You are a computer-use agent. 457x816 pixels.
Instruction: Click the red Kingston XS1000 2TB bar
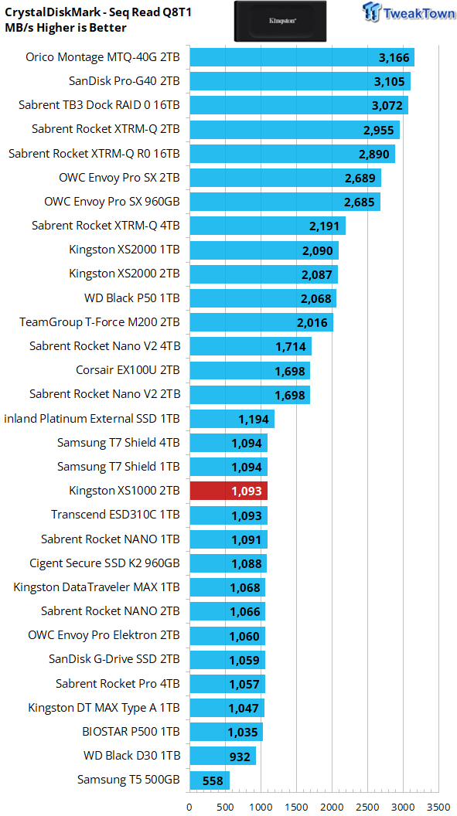pyautogui.click(x=229, y=491)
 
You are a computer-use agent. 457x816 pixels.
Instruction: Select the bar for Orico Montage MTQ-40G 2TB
pyautogui.click(x=302, y=57)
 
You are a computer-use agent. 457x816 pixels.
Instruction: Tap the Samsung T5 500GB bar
pyautogui.click(x=210, y=780)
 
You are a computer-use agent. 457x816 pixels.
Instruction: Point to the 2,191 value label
pyautogui.click(x=324, y=226)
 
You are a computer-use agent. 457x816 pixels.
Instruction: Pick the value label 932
pyautogui.click(x=240, y=756)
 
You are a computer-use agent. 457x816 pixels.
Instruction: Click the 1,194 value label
pyautogui.click(x=253, y=419)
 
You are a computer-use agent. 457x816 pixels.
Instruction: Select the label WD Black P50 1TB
pyautogui.click(x=132, y=298)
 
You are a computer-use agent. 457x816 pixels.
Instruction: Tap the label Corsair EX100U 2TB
pyautogui.click(x=128, y=370)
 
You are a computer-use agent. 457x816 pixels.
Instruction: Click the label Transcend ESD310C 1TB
pyautogui.click(x=115, y=515)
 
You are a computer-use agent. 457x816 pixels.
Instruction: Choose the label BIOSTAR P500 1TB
pyautogui.click(x=131, y=731)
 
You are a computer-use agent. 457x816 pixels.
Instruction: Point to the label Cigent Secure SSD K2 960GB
pyautogui.click(x=105, y=563)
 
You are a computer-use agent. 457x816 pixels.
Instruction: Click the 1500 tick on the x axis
pyautogui.click(x=296, y=807)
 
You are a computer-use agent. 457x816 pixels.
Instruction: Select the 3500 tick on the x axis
pyautogui.click(x=438, y=807)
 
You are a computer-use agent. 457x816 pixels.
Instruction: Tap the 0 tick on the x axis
pyautogui.click(x=189, y=807)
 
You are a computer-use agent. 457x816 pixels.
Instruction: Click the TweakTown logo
pyautogui.click(x=405, y=12)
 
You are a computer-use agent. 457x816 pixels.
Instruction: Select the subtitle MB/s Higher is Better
pyautogui.click(x=65, y=28)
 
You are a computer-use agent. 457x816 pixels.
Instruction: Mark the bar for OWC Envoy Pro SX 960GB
pyautogui.click(x=285, y=202)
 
